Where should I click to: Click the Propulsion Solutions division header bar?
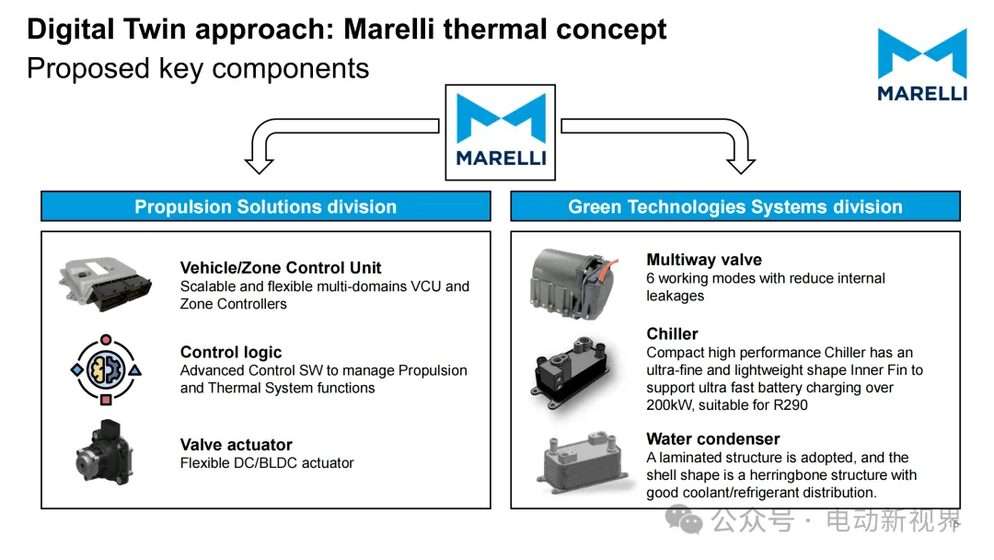point(265,206)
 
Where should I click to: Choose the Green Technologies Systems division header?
point(734,206)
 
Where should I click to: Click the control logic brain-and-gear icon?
point(106,369)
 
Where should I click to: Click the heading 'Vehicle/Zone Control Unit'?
point(281,268)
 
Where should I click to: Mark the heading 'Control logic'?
point(231,352)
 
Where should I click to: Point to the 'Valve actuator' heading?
point(237,445)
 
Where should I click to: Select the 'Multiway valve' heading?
point(704,260)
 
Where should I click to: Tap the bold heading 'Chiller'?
point(672,333)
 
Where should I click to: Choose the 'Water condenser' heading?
point(712,438)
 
